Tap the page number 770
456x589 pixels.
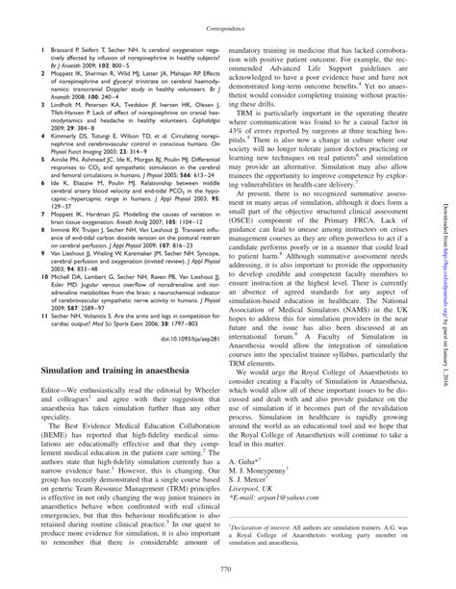tap(227, 570)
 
